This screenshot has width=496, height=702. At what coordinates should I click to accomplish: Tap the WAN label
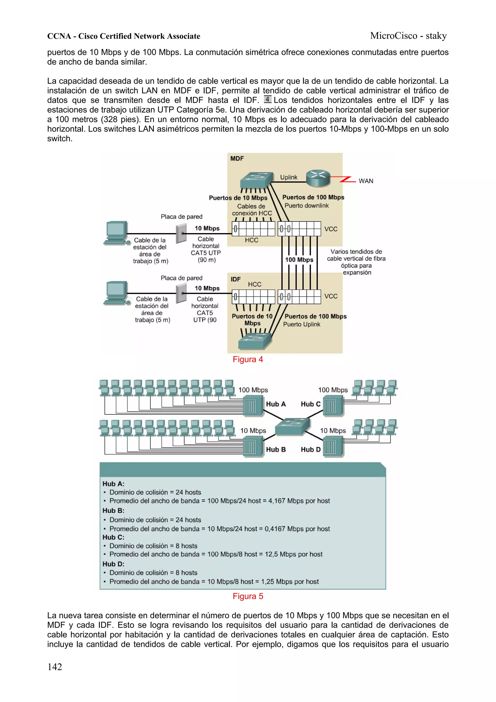(x=365, y=181)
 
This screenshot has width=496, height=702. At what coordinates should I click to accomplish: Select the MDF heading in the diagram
(x=237, y=158)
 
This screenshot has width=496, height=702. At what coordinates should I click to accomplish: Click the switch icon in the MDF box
(x=256, y=180)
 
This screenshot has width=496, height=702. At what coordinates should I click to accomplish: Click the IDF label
(x=235, y=279)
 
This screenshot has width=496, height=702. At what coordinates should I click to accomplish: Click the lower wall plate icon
(x=181, y=293)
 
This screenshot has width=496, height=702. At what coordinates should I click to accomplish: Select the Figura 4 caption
(x=248, y=359)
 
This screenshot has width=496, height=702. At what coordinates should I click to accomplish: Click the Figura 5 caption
(x=248, y=596)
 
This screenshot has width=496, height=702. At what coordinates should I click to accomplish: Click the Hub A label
(x=276, y=404)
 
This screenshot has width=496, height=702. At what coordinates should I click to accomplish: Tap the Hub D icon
(x=333, y=447)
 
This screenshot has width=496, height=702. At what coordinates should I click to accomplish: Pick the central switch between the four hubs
(x=293, y=426)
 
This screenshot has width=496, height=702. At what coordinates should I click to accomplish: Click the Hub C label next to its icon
(x=310, y=404)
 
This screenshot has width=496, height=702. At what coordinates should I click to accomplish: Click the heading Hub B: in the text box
(x=113, y=511)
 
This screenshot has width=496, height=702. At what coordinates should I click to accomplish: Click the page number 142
(x=55, y=667)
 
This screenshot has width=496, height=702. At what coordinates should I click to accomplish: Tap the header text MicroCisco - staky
(x=408, y=36)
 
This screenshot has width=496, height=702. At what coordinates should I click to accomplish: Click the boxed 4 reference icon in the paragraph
(x=267, y=99)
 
